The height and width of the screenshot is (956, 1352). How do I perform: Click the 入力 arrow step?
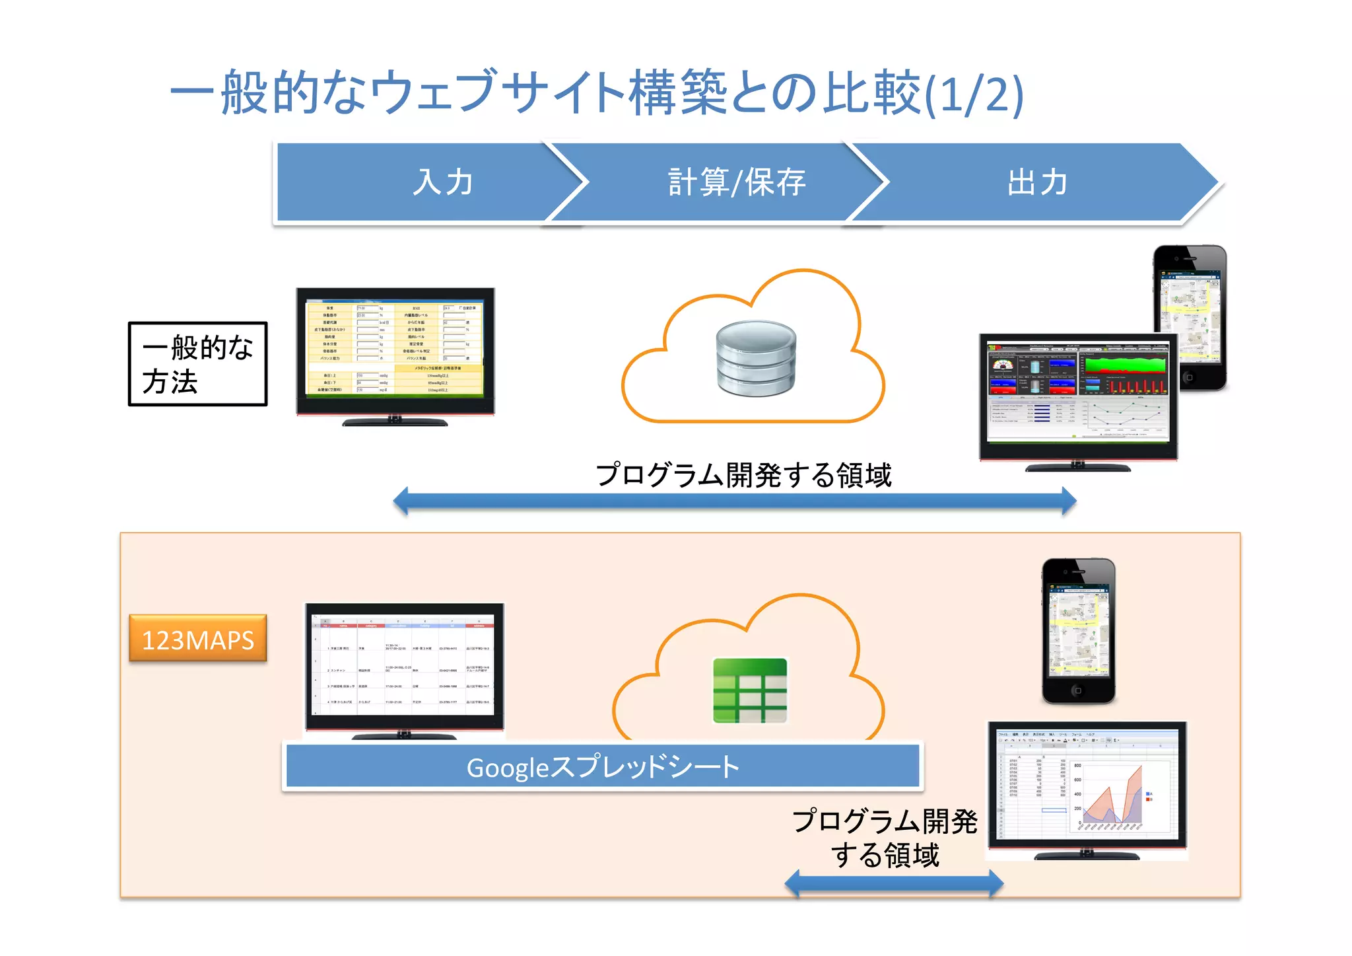(442, 182)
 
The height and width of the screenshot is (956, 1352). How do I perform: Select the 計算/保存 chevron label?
(736, 182)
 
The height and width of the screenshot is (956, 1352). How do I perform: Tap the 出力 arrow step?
(1036, 182)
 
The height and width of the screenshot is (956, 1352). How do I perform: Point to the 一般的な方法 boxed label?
(197, 364)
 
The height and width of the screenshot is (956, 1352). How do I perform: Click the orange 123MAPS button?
(197, 639)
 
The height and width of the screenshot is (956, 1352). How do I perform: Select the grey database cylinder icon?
(756, 358)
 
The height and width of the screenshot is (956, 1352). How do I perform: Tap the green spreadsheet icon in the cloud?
(750, 690)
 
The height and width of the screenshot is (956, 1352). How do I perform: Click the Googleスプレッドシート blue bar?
(602, 766)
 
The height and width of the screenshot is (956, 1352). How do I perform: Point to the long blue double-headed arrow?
(734, 501)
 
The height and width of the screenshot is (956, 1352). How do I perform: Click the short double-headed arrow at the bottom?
(894, 883)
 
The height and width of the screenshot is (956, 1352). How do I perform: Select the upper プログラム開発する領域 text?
(743, 475)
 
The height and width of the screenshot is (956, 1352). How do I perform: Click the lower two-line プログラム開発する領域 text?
(885, 838)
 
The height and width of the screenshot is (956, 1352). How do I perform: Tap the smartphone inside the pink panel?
(1078, 631)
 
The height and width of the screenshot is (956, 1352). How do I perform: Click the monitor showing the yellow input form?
(395, 350)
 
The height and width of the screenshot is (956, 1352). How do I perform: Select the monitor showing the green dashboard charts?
(1077, 396)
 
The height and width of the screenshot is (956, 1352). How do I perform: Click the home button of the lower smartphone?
(1077, 690)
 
